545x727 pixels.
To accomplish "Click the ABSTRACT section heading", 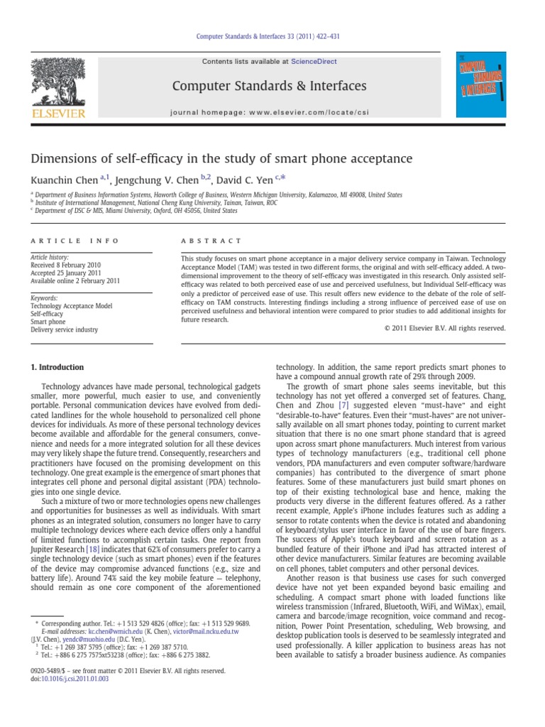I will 211,241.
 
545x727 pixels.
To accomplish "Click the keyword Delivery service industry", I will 64,329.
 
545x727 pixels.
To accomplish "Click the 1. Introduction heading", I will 56,367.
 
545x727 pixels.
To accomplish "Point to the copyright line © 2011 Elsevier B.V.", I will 444,328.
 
